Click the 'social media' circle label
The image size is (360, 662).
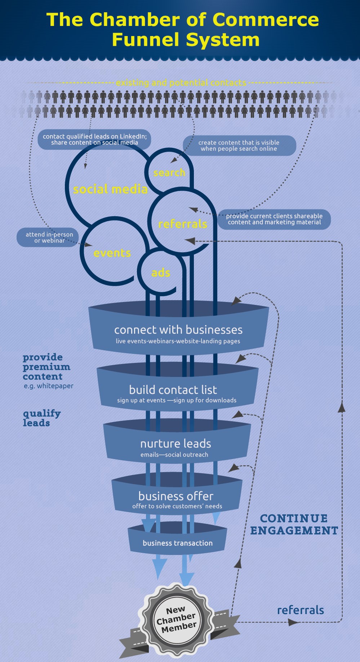[x=110, y=189]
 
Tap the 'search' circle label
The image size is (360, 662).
[x=169, y=173]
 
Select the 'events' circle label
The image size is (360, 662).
[x=112, y=253]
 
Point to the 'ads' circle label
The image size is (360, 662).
[x=161, y=273]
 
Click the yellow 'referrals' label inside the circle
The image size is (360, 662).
[x=183, y=224]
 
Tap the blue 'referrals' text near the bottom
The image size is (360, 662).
[x=301, y=610]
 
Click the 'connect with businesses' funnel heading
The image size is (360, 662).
[x=178, y=330]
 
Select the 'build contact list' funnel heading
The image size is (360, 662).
[x=173, y=390]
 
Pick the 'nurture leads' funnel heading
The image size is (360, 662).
[x=175, y=443]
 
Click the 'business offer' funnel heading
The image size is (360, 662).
[x=176, y=496]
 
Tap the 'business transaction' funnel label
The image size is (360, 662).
[x=178, y=543]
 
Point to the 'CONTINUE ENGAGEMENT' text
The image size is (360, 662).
[x=294, y=524]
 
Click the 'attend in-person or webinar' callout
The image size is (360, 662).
[x=49, y=237]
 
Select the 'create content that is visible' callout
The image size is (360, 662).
[x=239, y=146]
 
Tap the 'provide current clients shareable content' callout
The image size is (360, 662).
[x=274, y=219]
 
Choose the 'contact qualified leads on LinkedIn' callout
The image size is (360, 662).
[x=94, y=139]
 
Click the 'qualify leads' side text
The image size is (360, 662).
[x=41, y=418]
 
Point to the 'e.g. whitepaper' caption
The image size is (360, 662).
[x=49, y=386]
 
